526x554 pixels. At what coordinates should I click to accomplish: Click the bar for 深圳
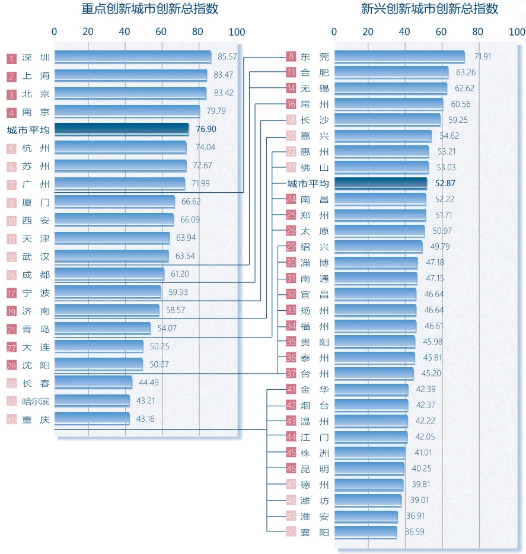[132, 58]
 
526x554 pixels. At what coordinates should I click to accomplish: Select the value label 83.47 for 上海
[225, 75]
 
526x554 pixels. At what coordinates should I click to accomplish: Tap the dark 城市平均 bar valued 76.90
[121, 129]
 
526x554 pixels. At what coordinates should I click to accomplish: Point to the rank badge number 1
[11, 58]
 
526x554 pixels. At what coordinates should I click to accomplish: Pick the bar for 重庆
[91, 419]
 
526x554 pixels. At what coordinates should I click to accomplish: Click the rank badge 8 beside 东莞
[291, 57]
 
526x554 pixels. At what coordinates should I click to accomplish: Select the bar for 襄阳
[365, 532]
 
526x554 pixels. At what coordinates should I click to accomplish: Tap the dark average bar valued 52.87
[380, 183]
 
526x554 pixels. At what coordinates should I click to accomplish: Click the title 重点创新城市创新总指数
[150, 9]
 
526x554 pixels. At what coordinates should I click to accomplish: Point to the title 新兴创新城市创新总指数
[429, 9]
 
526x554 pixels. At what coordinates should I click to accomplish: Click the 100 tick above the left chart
[237, 32]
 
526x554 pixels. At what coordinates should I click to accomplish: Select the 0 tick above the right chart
[334, 32]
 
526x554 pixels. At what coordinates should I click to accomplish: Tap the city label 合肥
[314, 73]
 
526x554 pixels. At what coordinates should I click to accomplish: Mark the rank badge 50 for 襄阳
[291, 532]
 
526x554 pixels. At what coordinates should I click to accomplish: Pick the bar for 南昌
[380, 199]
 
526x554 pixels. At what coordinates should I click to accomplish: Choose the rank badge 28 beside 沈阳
[11, 365]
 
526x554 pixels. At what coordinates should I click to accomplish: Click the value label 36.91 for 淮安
[415, 516]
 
